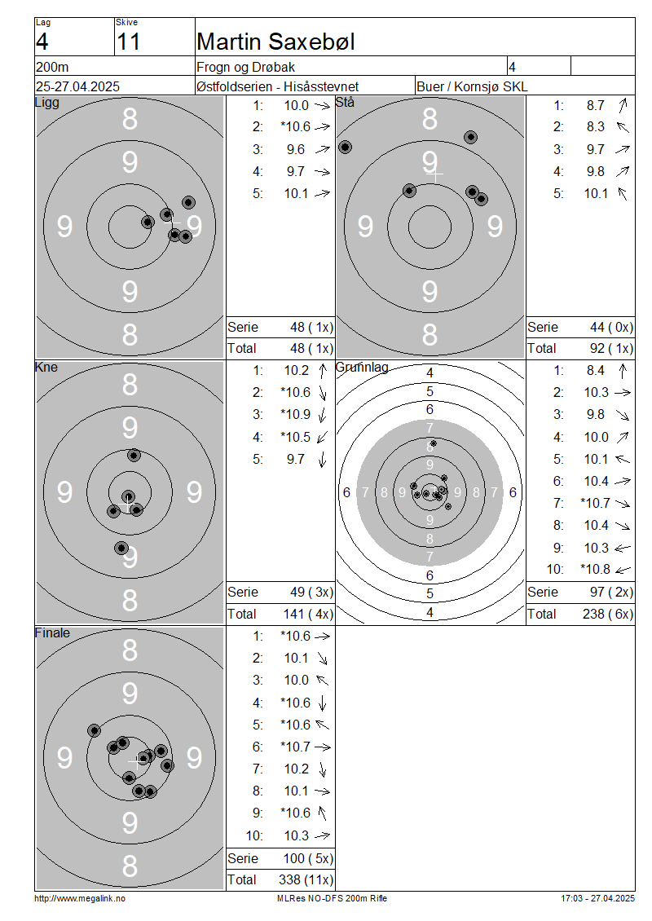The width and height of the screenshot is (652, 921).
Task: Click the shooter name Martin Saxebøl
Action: [275, 42]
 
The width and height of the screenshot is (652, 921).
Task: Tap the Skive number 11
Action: [128, 42]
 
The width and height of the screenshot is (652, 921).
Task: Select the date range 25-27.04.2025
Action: [77, 86]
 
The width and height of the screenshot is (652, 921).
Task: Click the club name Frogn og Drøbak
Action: [245, 67]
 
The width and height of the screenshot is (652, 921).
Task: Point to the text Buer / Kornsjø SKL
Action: [472, 86]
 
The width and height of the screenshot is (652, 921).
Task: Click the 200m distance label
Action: [52, 67]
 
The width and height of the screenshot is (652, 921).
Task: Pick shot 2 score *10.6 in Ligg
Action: [296, 127]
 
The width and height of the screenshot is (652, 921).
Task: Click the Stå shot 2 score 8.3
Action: [595, 127]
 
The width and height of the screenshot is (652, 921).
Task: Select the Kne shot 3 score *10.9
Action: [296, 415]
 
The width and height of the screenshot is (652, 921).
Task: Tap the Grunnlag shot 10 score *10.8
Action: [595, 569]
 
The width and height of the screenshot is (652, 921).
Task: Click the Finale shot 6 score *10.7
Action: [296, 747]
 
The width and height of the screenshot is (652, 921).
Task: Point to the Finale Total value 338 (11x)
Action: [306, 879]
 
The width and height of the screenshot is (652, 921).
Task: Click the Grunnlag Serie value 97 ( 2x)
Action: [611, 592]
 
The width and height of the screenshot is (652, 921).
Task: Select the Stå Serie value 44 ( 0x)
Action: [611, 327]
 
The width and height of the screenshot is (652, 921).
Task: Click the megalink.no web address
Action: [80, 898]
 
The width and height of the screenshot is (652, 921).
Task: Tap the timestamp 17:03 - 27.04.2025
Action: [598, 898]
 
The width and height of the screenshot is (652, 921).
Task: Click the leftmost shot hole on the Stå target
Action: [346, 147]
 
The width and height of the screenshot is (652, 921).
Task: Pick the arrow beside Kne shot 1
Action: [323, 371]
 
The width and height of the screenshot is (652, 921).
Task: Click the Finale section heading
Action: [52, 632]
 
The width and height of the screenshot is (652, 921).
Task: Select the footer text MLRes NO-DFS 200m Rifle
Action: [332, 898]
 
